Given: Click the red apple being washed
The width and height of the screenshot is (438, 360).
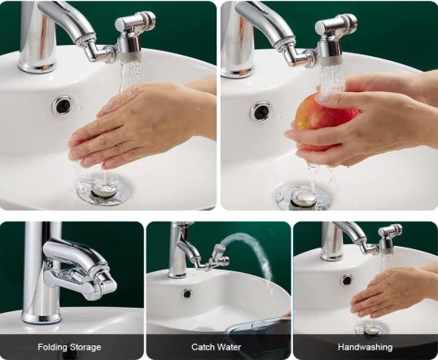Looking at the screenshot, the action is (324, 121).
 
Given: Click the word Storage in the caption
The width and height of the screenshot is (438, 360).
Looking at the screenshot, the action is (85, 347).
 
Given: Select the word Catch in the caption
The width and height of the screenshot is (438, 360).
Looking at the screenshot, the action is (201, 347).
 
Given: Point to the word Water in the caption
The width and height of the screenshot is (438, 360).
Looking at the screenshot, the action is (227, 347).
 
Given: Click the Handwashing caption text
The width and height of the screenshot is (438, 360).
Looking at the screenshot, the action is (365, 347).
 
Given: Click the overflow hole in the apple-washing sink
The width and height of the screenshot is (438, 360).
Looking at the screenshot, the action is (261, 112).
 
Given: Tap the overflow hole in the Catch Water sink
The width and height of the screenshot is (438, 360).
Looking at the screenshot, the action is (187, 293).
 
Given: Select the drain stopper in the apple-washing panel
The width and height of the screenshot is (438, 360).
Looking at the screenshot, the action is (303, 198).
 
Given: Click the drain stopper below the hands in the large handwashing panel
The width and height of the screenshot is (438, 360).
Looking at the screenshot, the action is (103, 189).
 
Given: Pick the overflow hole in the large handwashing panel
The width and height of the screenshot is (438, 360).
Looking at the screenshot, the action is (62, 105).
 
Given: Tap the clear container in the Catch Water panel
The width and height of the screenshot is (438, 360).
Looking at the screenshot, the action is (258, 326).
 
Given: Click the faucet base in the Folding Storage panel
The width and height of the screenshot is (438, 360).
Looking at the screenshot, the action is (41, 314).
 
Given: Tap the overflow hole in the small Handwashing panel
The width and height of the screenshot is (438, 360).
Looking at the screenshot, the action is (346, 280).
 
